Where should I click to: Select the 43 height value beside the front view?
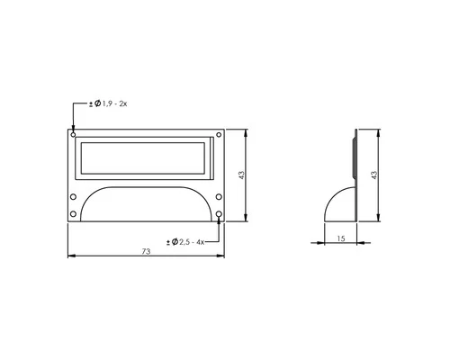click(x=241, y=175)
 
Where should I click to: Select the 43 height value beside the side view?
click(x=373, y=175)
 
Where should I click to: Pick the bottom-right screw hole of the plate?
click(x=219, y=214)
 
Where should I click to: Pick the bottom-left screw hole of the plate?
click(x=74, y=214)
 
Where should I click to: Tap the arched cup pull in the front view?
click(x=146, y=202)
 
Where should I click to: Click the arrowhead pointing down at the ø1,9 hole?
click(x=74, y=127)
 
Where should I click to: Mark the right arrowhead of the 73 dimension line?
click(x=222, y=256)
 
